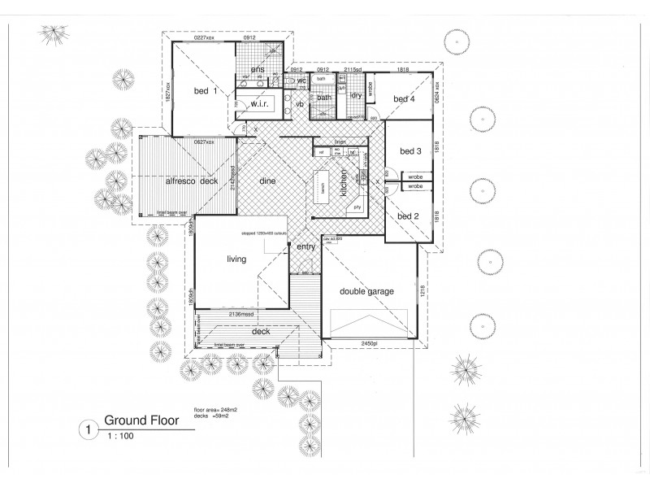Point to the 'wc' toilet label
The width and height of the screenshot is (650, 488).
click(301, 81)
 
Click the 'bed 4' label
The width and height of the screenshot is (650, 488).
click(405, 98)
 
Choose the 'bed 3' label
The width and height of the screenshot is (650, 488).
click(410, 151)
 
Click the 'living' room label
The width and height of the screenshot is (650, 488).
click(236, 259)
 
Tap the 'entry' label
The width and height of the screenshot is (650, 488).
click(305, 246)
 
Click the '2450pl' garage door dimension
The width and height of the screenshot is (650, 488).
click(370, 345)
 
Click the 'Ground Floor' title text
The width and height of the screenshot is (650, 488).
click(139, 422)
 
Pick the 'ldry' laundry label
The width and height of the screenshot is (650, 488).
click(356, 95)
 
